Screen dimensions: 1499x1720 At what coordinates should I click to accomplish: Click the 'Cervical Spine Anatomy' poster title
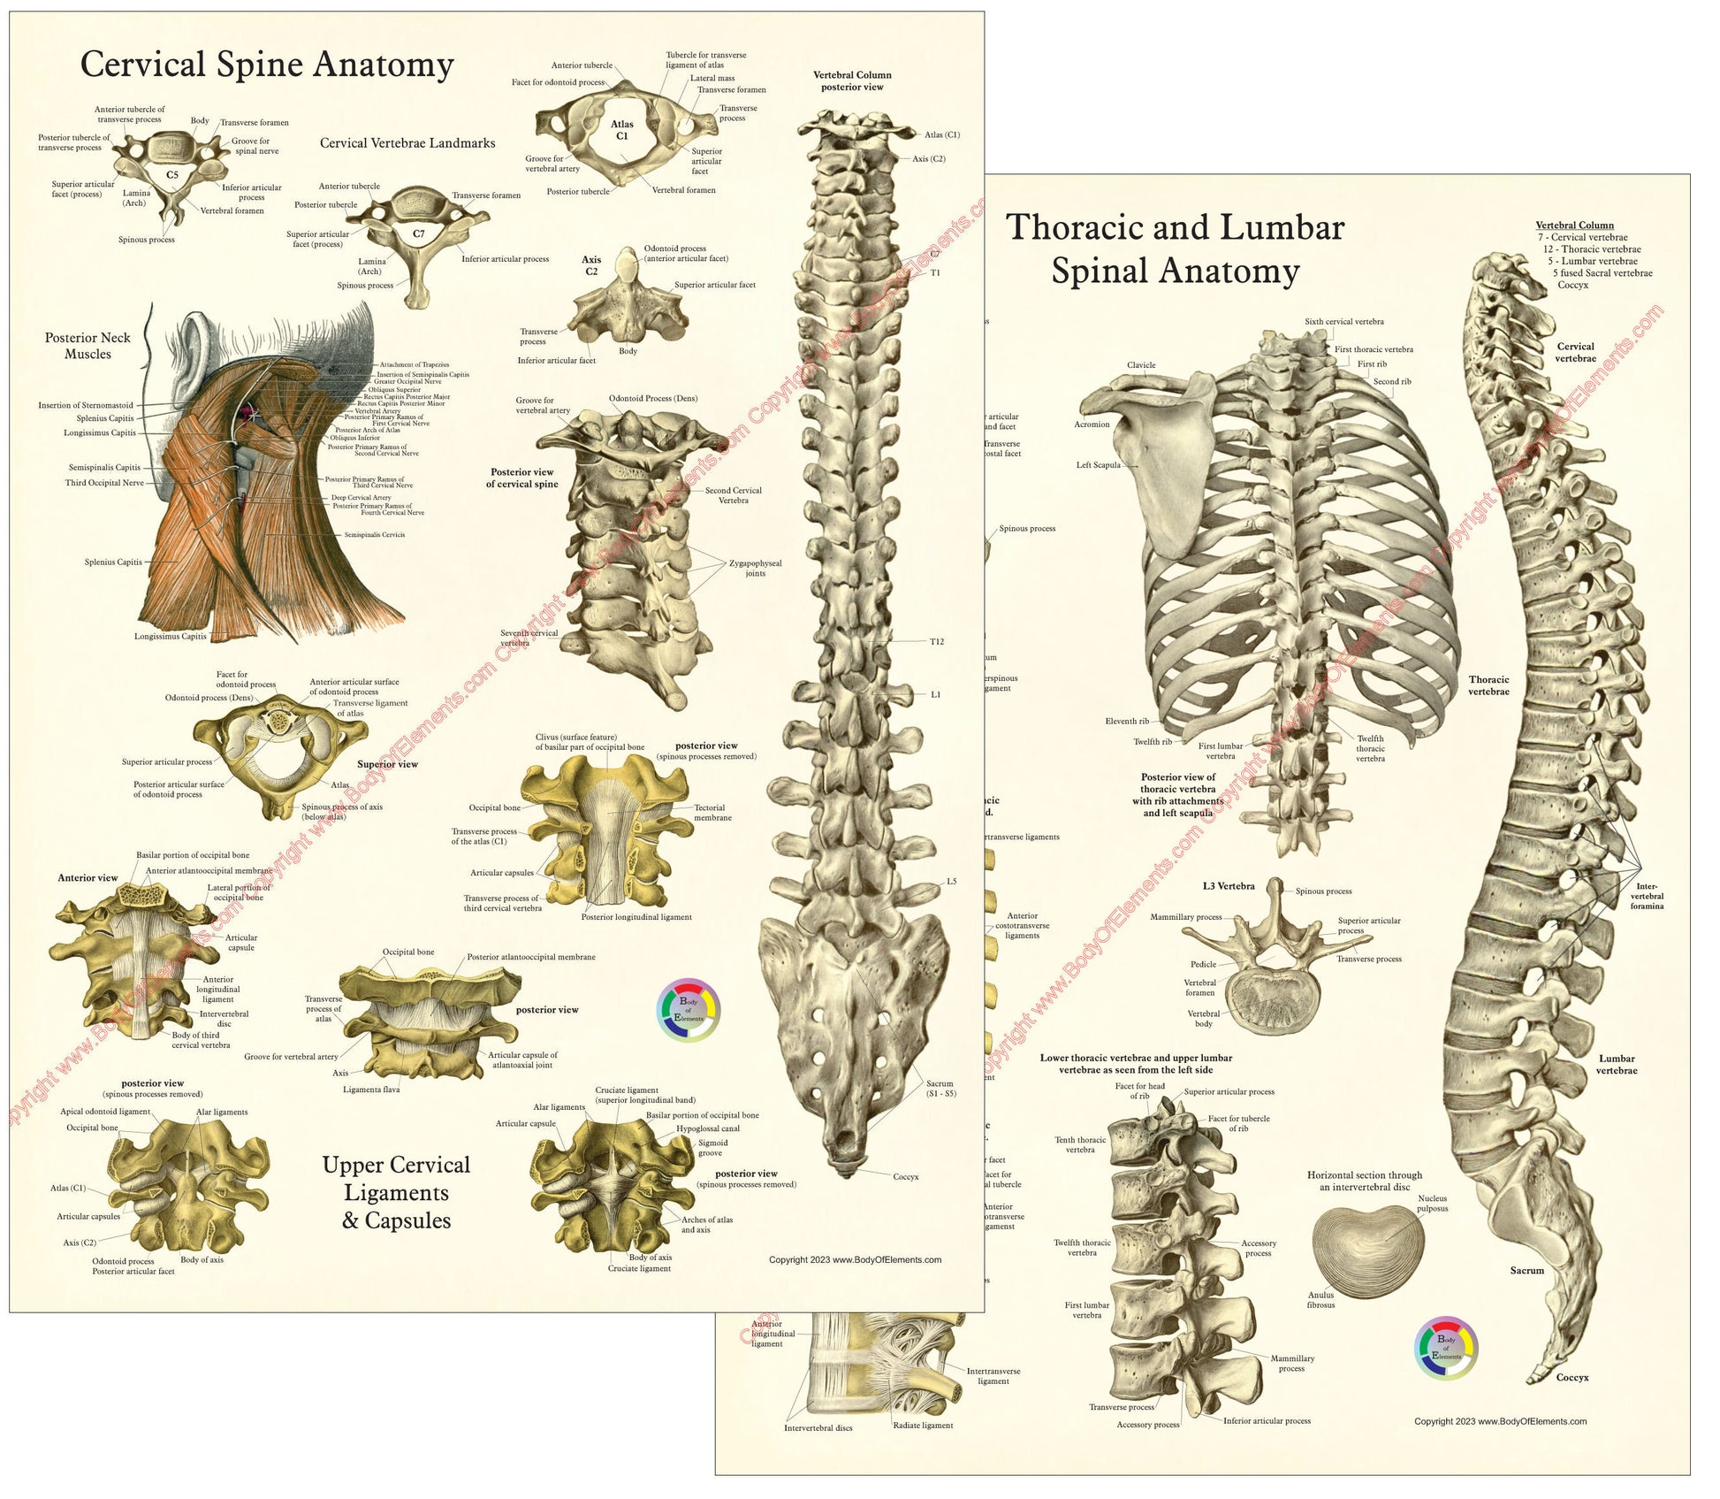[x=267, y=65]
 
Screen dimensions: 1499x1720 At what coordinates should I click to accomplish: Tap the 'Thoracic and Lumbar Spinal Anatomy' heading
[x=1175, y=249]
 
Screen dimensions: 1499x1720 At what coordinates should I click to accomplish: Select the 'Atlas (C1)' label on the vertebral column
[x=941, y=135]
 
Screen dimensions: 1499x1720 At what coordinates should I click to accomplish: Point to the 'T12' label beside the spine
[x=936, y=641]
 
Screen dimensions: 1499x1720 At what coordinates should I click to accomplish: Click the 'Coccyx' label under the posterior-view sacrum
[x=906, y=1177]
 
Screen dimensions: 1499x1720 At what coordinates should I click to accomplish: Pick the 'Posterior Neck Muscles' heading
[x=88, y=346]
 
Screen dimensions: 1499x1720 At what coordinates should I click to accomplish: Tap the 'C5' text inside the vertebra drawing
[x=172, y=175]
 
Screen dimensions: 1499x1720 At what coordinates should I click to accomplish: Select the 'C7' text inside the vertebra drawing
[x=419, y=234]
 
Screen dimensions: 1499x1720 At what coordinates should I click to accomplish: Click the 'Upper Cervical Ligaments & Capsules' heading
[x=396, y=1192]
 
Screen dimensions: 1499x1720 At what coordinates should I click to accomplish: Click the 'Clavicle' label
[x=1141, y=365]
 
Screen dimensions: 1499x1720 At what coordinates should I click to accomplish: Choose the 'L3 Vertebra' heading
[x=1228, y=886]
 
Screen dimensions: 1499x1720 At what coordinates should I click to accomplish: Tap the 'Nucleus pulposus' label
[x=1432, y=1203]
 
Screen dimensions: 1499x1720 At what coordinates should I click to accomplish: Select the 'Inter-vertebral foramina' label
[x=1647, y=896]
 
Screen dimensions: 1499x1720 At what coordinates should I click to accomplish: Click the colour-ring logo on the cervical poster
[x=689, y=1010]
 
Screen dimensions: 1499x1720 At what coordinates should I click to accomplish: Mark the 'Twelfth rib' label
[x=1153, y=742]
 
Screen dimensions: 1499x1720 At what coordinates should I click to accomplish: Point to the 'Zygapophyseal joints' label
[x=755, y=568]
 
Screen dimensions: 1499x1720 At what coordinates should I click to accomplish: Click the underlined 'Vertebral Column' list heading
[x=1574, y=226]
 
